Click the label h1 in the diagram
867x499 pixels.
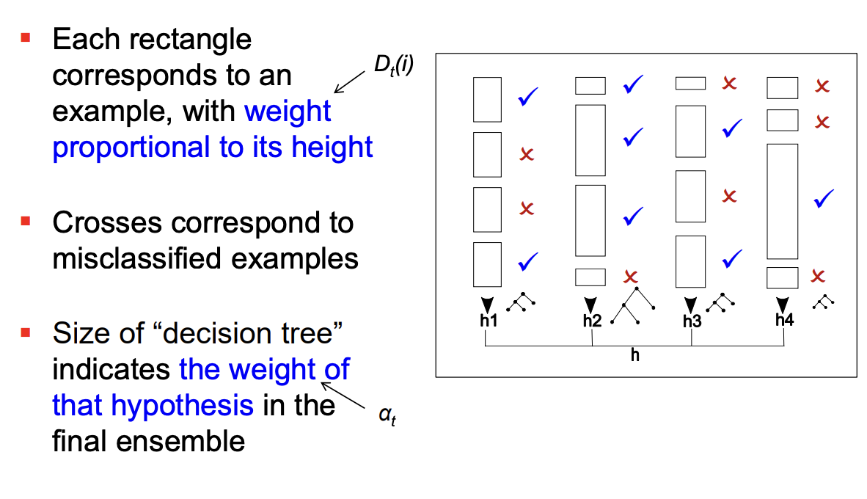(x=489, y=321)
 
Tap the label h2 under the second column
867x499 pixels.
(x=592, y=321)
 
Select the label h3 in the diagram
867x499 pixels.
(x=692, y=321)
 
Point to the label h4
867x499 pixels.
(x=785, y=320)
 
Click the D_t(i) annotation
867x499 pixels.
(x=394, y=65)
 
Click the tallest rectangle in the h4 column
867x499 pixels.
(x=782, y=201)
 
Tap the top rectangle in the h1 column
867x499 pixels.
(x=487, y=99)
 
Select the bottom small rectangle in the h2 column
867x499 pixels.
(x=590, y=277)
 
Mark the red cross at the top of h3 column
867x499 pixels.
(x=728, y=83)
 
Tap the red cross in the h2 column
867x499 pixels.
(x=631, y=277)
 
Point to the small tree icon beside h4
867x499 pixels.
(x=824, y=302)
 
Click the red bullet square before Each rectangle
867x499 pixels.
(x=26, y=37)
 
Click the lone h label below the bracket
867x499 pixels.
(x=635, y=354)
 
